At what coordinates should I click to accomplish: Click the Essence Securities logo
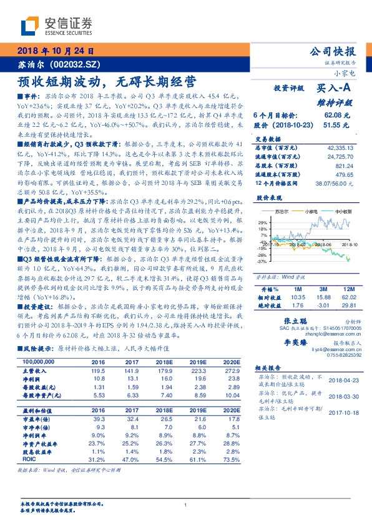click(57, 26)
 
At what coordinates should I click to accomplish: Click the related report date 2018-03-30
click(341, 396)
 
